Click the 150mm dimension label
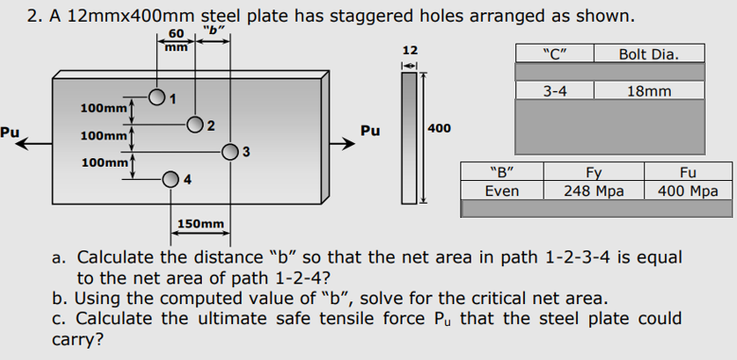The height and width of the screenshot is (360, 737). [201, 224]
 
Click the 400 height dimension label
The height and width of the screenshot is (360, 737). [440, 127]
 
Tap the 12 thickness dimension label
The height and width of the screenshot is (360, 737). [409, 48]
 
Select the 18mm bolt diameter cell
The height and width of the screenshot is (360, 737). [649, 91]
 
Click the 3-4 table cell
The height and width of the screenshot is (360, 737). [554, 91]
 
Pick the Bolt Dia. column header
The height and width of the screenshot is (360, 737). [649, 53]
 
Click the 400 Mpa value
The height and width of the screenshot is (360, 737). [689, 190]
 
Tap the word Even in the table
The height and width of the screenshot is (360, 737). [501, 190]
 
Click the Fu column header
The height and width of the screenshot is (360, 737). [689, 173]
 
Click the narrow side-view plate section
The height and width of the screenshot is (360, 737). [409, 138]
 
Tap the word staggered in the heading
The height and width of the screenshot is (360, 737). [308, 16]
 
